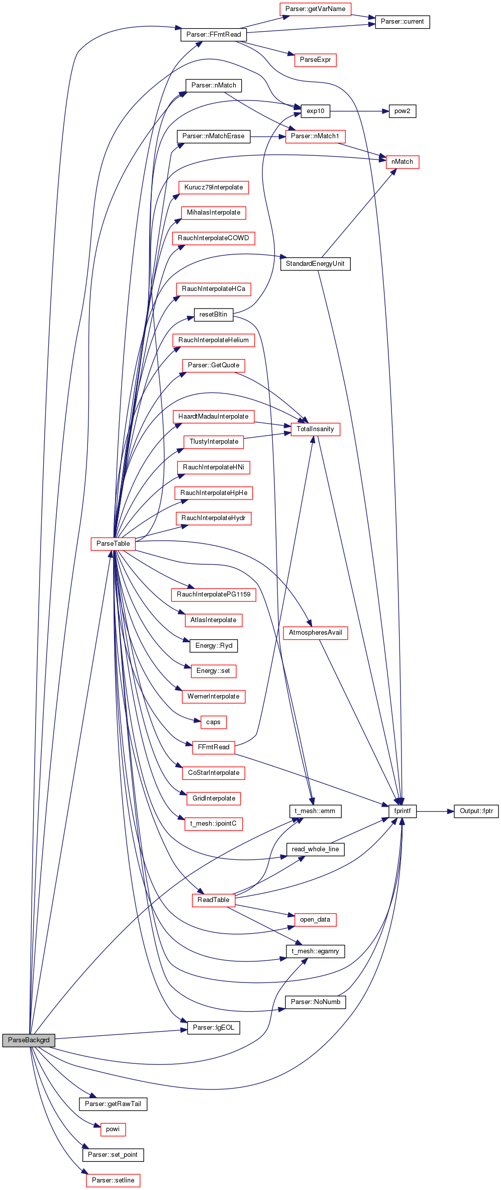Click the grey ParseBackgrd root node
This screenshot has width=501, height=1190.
29,1040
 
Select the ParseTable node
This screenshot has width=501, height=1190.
113,544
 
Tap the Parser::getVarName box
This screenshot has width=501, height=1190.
315,9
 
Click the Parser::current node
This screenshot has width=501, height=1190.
403,22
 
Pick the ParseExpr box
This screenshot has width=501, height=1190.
315,60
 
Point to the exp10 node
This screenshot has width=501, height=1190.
316,111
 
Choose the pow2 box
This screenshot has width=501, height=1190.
403,111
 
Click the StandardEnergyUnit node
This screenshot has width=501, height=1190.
315,264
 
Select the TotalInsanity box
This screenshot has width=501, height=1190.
315,429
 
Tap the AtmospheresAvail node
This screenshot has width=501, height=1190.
316,633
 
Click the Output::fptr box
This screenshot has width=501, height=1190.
476,811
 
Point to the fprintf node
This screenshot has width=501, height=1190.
403,811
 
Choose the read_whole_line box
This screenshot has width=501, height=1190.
316,849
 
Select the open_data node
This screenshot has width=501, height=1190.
315,920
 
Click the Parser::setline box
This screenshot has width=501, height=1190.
113,1180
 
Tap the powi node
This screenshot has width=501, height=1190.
113,1129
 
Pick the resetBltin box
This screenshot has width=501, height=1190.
214,315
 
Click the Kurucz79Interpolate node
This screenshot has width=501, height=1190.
214,187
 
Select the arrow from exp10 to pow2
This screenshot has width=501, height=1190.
359,111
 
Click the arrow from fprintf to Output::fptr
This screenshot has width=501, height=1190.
435,811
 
